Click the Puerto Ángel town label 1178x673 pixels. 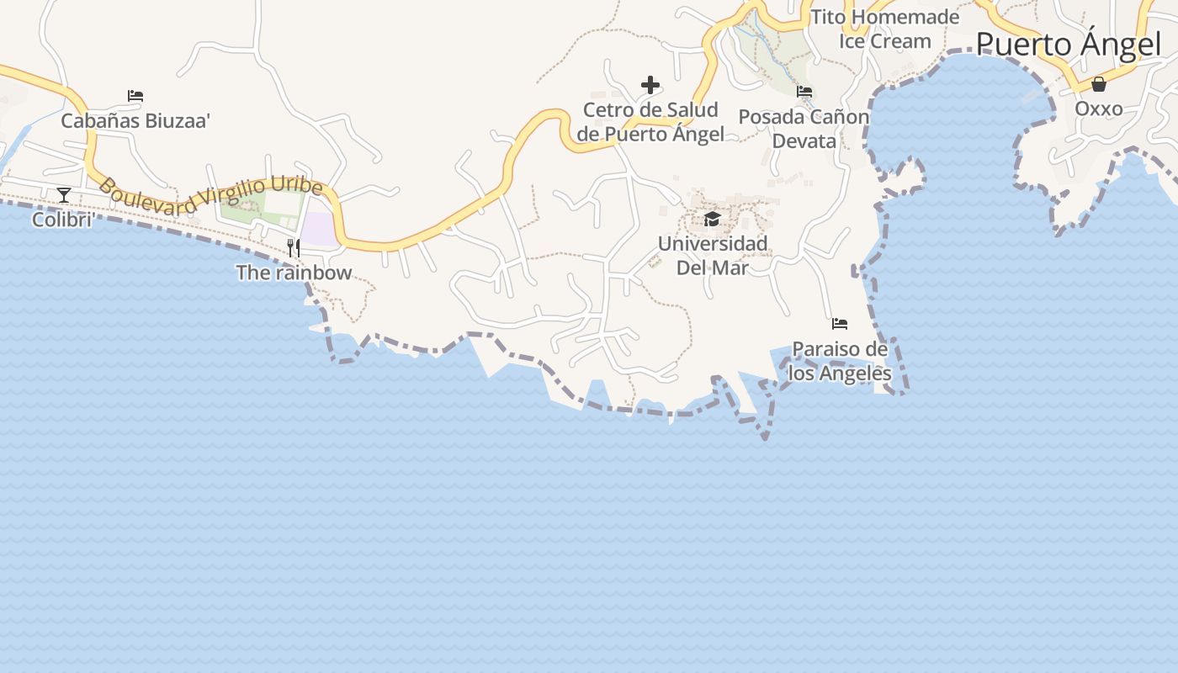coord(1068,45)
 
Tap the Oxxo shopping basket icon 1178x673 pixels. coord(1098,84)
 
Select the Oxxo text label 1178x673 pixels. coord(1098,109)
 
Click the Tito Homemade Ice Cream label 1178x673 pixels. coord(884,29)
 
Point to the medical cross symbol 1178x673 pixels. coord(650,85)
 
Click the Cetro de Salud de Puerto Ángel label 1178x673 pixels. coord(650,122)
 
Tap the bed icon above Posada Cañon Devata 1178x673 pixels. coord(804,92)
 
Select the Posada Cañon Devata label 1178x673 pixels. coord(804,129)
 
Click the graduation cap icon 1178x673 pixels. coord(713,220)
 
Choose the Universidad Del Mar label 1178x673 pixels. coord(713,256)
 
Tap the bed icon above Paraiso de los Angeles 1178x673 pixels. coord(839,324)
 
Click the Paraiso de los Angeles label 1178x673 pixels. coord(840,361)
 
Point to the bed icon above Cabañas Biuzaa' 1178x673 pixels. coord(135,96)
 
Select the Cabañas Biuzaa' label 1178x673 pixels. coord(135,121)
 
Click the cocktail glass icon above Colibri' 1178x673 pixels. coord(64,195)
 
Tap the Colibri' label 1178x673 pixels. coord(62,220)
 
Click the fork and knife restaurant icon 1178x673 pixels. coord(294,247)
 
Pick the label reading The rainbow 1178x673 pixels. coord(294,273)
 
